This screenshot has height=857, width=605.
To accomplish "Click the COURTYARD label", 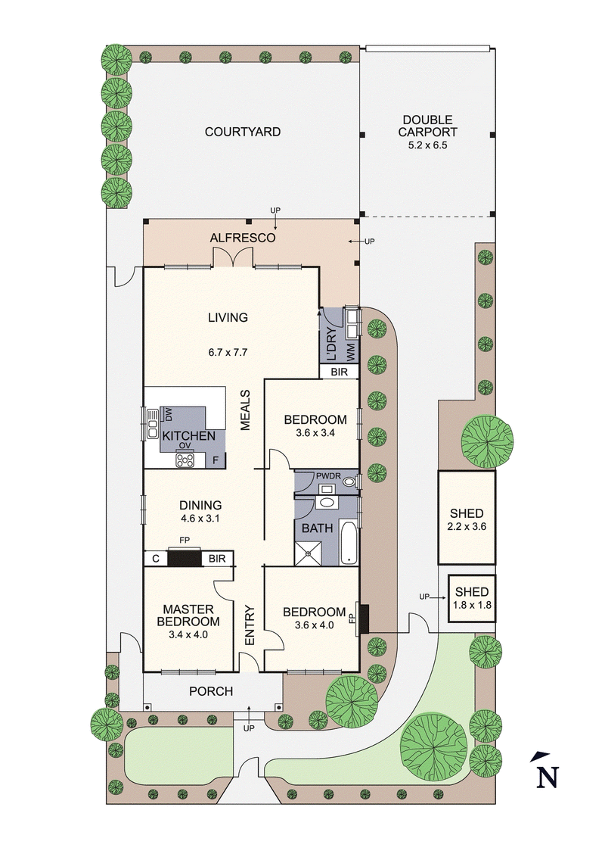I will coord(243,132).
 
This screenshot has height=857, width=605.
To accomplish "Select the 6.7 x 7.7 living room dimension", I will coord(228,352).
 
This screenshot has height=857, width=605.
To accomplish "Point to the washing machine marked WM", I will coord(350,351).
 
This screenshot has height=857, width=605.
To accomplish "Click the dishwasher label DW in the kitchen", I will coord(169,414).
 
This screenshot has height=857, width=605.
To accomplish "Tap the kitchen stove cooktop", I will coord(185,459).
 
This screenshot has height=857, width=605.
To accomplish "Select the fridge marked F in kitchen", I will coord(216,460).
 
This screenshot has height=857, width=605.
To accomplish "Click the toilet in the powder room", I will coord(349,479).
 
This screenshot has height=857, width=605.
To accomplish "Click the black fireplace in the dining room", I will coord(184,559).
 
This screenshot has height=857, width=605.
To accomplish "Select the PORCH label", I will coord(211,691).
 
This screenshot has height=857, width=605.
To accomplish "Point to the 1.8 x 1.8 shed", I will coord(471,598).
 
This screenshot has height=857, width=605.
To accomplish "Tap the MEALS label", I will coord(246,411).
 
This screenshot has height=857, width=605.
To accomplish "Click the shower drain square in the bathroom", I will coord(308,553).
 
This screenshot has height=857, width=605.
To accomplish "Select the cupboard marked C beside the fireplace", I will coord(156,559).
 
